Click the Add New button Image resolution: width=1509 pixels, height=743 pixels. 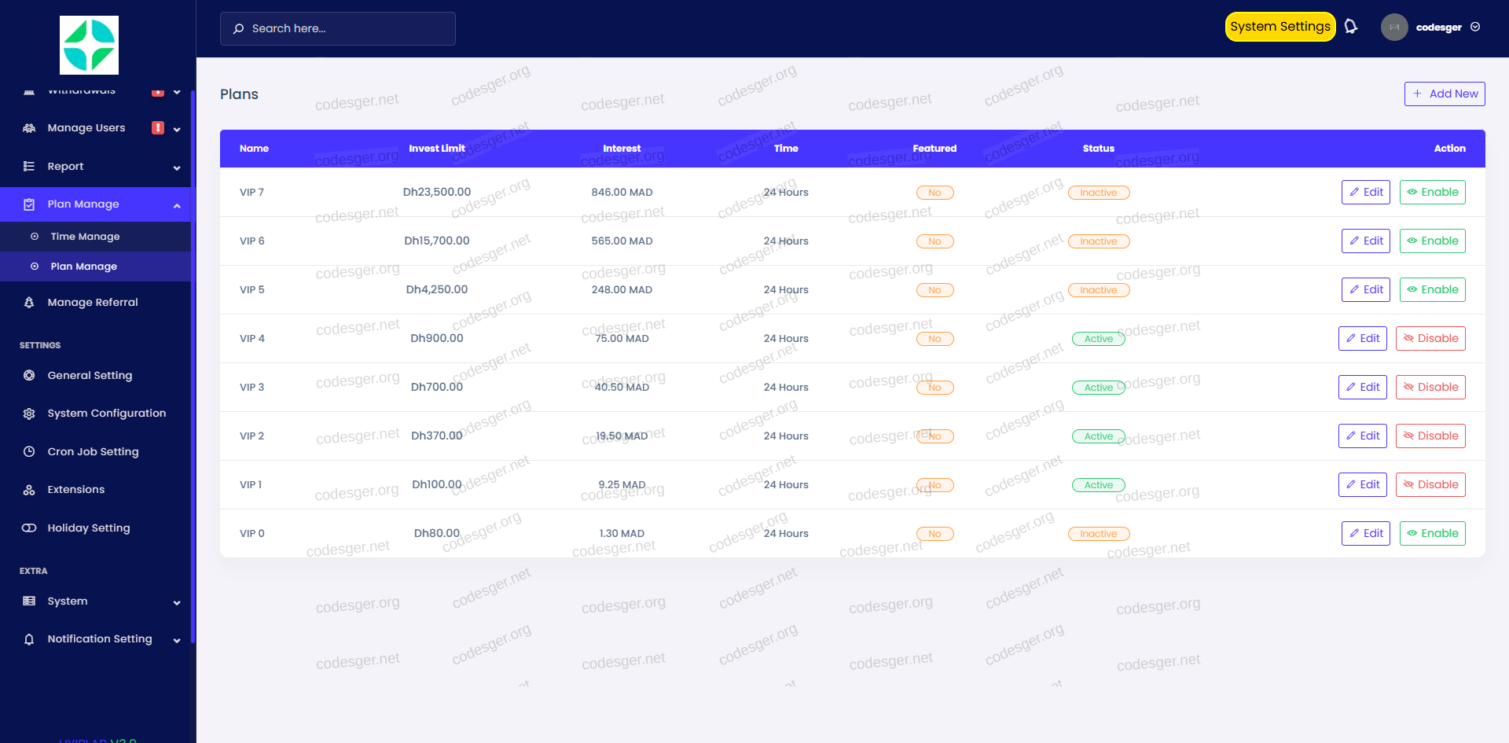click(x=1445, y=94)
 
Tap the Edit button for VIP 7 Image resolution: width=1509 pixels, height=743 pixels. click(x=1365, y=193)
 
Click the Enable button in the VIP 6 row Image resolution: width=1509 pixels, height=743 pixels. click(x=1432, y=241)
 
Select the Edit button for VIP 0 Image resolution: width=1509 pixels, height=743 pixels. click(x=1365, y=534)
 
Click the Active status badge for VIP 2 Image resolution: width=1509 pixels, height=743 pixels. click(x=1098, y=436)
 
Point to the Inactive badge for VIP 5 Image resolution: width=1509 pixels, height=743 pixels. click(x=1098, y=290)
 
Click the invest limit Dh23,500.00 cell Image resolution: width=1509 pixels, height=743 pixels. click(x=437, y=192)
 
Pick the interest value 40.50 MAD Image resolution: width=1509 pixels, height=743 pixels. click(x=622, y=388)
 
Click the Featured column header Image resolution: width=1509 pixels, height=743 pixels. click(x=934, y=149)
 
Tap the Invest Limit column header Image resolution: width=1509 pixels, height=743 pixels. click(x=437, y=149)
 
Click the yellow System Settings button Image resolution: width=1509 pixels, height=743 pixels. click(x=1280, y=27)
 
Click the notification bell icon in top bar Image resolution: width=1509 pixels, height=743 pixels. click(x=1351, y=27)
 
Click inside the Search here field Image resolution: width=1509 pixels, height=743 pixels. click(x=338, y=28)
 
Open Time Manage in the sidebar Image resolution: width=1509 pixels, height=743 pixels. click(x=85, y=237)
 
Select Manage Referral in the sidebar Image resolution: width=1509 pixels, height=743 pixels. click(x=92, y=303)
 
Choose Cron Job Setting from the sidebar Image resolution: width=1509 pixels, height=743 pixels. click(x=93, y=452)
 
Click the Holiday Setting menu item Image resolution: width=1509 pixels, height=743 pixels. click(x=88, y=528)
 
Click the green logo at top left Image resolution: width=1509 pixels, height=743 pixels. click(x=89, y=45)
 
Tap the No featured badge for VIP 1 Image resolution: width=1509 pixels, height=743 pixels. click(x=934, y=485)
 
